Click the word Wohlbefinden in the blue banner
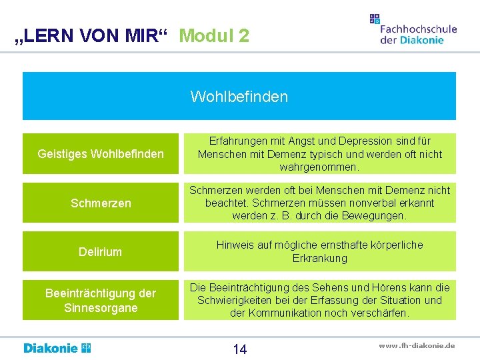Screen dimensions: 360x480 click(x=239, y=97)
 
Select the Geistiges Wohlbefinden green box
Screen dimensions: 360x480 click(x=101, y=154)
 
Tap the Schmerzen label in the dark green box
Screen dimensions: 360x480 click(x=101, y=203)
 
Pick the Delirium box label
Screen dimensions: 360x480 click(x=101, y=251)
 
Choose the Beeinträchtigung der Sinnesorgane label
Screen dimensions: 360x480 click(x=101, y=300)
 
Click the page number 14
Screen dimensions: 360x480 click(x=239, y=349)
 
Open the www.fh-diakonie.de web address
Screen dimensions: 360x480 click(x=417, y=345)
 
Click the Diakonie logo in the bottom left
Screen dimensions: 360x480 click(x=57, y=348)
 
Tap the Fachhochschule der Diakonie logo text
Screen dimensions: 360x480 click(x=418, y=34)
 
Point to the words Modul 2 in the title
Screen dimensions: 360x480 click(x=214, y=35)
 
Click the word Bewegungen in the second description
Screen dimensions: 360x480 click(x=379, y=215)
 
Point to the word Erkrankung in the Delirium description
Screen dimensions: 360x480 click(x=320, y=257)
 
